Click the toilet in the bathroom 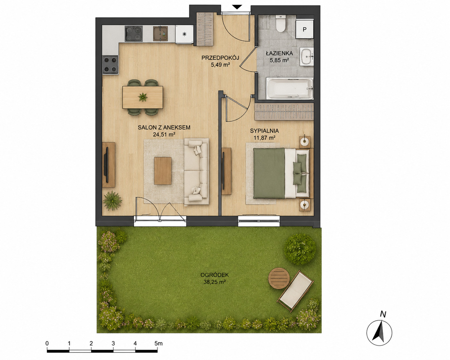coord(281,24)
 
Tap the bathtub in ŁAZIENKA coord(290,89)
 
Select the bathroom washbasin coord(307,56)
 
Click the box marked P coord(305,29)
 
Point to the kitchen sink coord(160,33)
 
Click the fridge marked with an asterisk coord(184,34)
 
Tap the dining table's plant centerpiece coord(143,97)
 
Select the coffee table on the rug coord(163,171)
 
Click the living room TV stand coord(108,165)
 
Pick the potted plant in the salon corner coord(112,201)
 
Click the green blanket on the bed coord(269,173)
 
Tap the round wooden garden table coord(279,278)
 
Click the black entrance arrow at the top coord(237,7)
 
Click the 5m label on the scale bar coord(158,343)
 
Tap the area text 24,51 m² coord(164,134)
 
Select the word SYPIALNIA coord(264,131)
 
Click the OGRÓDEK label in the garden coord(214,275)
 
